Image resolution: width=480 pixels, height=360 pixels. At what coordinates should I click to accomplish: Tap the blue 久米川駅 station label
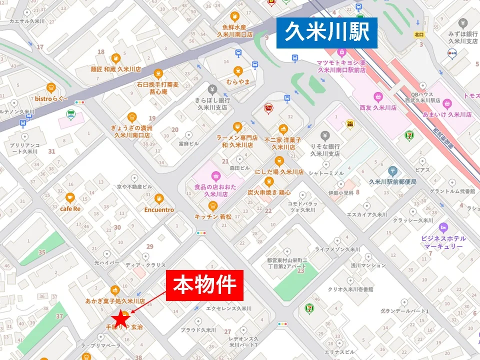click(326, 33)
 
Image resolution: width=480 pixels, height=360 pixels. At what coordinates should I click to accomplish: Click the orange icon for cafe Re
click(70, 197)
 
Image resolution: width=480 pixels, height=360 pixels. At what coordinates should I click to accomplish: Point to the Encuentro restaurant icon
click(159, 198)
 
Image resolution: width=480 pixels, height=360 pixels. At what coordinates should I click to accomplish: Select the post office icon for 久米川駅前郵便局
click(392, 171)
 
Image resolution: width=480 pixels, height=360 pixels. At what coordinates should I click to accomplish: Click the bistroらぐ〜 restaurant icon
click(50, 87)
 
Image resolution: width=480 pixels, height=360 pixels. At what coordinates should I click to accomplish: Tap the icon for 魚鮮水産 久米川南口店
click(234, 16)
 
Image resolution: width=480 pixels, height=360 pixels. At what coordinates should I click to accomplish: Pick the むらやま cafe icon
click(238, 70)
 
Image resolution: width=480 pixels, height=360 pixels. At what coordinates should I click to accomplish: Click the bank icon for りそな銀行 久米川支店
click(324, 135)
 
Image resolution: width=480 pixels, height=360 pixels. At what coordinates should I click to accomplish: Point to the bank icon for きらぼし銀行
click(212, 89)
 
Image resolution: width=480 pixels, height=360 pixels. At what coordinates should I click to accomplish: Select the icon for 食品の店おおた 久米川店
click(215, 175)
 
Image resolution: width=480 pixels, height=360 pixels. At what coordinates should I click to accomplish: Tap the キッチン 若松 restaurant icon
click(213, 205)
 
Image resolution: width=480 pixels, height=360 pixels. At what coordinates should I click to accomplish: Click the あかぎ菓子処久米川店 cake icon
click(115, 290)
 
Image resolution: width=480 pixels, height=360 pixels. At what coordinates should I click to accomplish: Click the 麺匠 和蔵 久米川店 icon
click(115, 57)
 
